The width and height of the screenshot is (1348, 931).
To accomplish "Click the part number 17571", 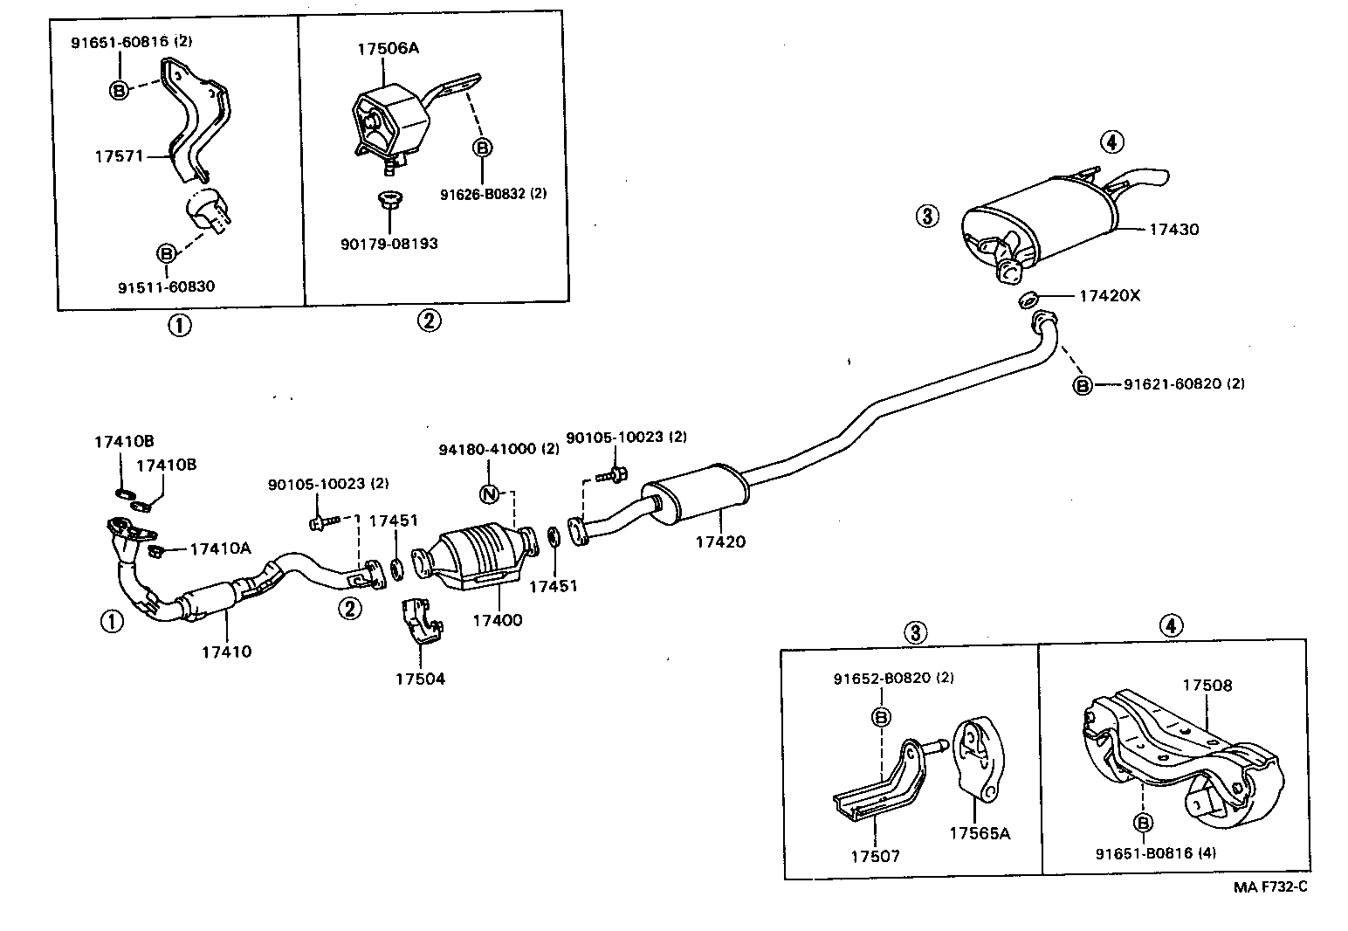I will coord(118,155).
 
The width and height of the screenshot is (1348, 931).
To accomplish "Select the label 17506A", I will coord(387,48).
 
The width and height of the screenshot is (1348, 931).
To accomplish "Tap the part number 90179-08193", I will coord(389,244).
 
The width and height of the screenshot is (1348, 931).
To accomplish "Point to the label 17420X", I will coord(1109,295).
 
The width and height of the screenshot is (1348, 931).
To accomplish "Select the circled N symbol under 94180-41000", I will coord(489,494).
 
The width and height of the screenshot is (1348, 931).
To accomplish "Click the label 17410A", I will coord(220,548).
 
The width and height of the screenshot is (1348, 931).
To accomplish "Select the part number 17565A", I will coord(979,833).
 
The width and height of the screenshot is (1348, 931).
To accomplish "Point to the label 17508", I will coord(1207,685).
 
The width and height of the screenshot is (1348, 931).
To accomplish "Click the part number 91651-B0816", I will coord(1144,853).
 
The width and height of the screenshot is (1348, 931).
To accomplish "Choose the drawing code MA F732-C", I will coord(1270,887).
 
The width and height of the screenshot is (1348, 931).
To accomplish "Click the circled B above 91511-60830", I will coord(165,253).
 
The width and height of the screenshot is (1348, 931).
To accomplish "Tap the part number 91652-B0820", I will coord(880,678).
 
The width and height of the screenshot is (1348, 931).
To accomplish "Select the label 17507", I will coord(875,856).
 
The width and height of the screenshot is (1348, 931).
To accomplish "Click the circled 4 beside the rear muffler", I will coord(1111,141).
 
